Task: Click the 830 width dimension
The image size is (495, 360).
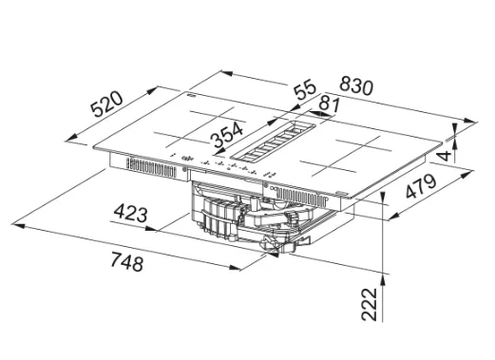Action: (x=356, y=85)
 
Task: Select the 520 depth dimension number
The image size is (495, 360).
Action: (x=106, y=104)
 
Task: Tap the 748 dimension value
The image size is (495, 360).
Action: (x=127, y=261)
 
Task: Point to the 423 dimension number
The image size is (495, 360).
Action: (x=130, y=213)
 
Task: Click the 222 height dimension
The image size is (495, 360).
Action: (x=370, y=304)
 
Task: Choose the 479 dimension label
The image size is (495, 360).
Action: (x=421, y=186)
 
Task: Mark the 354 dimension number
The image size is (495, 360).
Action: (x=227, y=135)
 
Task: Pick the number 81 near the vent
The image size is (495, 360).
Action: (x=329, y=104)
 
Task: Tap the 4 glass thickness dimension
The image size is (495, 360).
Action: (x=446, y=156)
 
